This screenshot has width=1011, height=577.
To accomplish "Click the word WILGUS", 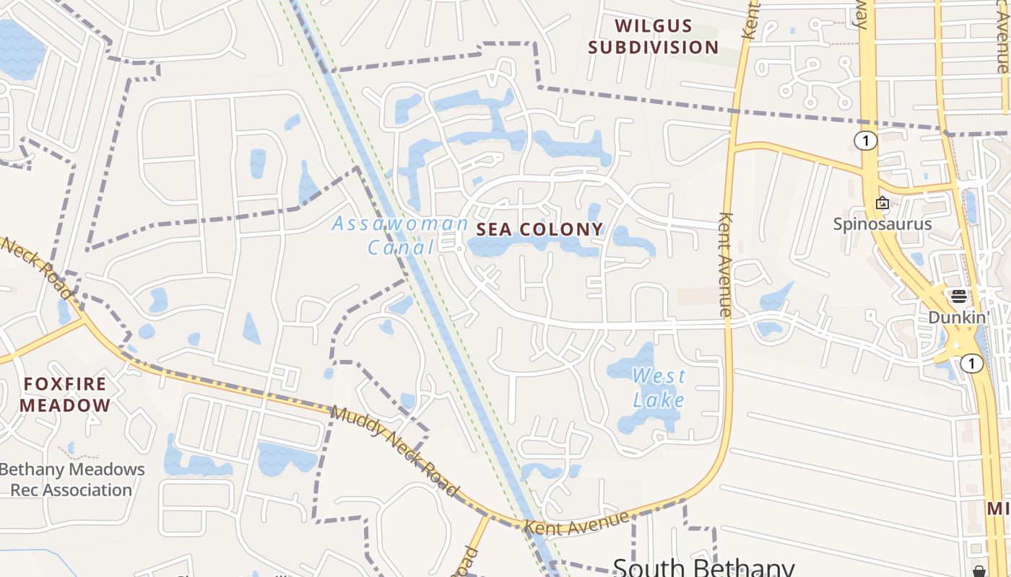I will point(654,26).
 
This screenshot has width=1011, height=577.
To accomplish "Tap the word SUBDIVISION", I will point(654,48).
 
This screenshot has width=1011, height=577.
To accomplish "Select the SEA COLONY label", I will point(539,229).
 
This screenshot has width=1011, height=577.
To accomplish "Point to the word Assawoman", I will point(400,224).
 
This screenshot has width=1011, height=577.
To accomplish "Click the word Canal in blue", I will point(400,247).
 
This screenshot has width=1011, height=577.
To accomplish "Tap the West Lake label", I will point(659,387).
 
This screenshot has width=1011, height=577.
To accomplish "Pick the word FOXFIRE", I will point(65,384).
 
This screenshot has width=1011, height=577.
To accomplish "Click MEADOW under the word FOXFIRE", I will point(65,405).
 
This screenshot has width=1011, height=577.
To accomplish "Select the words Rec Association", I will point(71,490).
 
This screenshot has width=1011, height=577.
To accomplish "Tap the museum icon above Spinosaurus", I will point(882,203).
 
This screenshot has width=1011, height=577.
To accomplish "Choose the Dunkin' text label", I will point(958,317).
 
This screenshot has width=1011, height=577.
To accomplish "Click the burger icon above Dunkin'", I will point(958,296).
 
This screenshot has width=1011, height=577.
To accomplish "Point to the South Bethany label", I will point(703,567).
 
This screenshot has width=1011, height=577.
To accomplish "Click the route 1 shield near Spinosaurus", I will point(865,140).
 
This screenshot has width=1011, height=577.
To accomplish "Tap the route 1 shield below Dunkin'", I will point(972,364).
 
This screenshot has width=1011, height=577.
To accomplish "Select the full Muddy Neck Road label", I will point(396,452).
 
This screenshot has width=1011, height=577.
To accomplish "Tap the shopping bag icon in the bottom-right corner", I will point(980,571).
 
